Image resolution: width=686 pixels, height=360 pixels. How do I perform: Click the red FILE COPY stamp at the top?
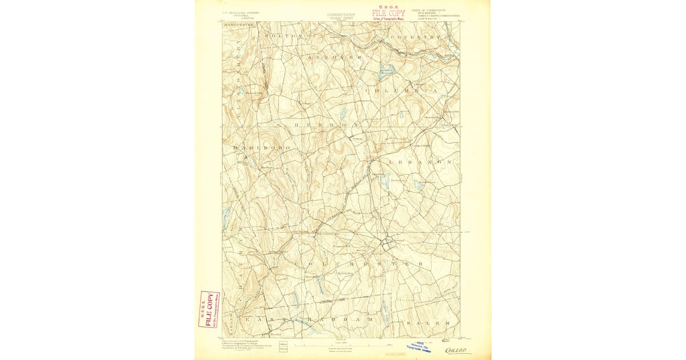click(x=388, y=13)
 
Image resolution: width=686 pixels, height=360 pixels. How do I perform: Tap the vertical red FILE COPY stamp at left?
click(x=208, y=309)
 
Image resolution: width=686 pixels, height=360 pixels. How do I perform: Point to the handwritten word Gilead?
click(x=458, y=350)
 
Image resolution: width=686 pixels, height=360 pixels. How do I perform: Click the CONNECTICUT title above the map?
click(x=341, y=15)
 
